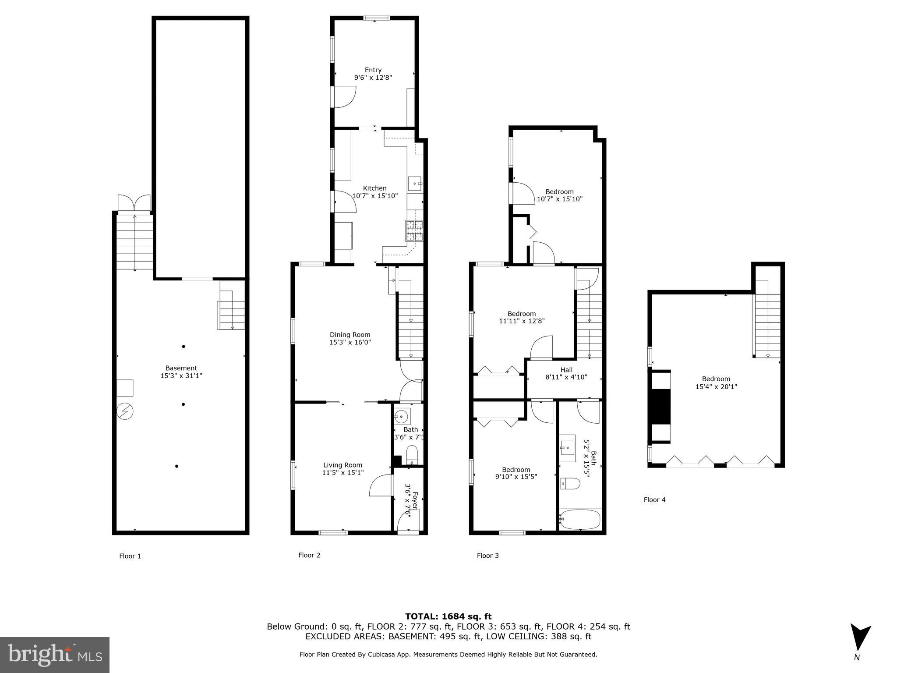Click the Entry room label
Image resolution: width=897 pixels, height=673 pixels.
coord(373,70)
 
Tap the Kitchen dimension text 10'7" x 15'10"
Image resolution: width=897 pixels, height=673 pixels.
coord(375,196)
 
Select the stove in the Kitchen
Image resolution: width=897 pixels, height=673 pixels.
coord(415,231)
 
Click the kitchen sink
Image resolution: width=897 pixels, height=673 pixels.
coord(414,184)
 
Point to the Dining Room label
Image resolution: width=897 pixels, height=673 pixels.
coord(350,335)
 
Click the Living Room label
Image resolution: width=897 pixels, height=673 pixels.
coord(343,465)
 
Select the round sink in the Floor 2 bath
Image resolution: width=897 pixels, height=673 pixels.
coord(401,416)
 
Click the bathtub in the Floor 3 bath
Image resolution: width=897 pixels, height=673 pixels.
coord(580,519)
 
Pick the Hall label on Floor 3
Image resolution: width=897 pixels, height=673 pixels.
coord(566,370)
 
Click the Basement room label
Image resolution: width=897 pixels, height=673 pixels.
coord(181,368)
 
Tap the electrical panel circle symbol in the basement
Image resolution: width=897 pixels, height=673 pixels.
coord(125,411)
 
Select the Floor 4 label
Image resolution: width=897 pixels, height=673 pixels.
coord(654,499)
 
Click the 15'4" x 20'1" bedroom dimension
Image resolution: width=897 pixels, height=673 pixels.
coord(716,387)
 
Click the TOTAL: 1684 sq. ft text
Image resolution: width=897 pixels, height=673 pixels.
coord(448,616)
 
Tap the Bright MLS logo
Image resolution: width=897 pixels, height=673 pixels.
coord(54,655)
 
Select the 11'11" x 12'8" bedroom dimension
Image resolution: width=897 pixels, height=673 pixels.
coord(522,321)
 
